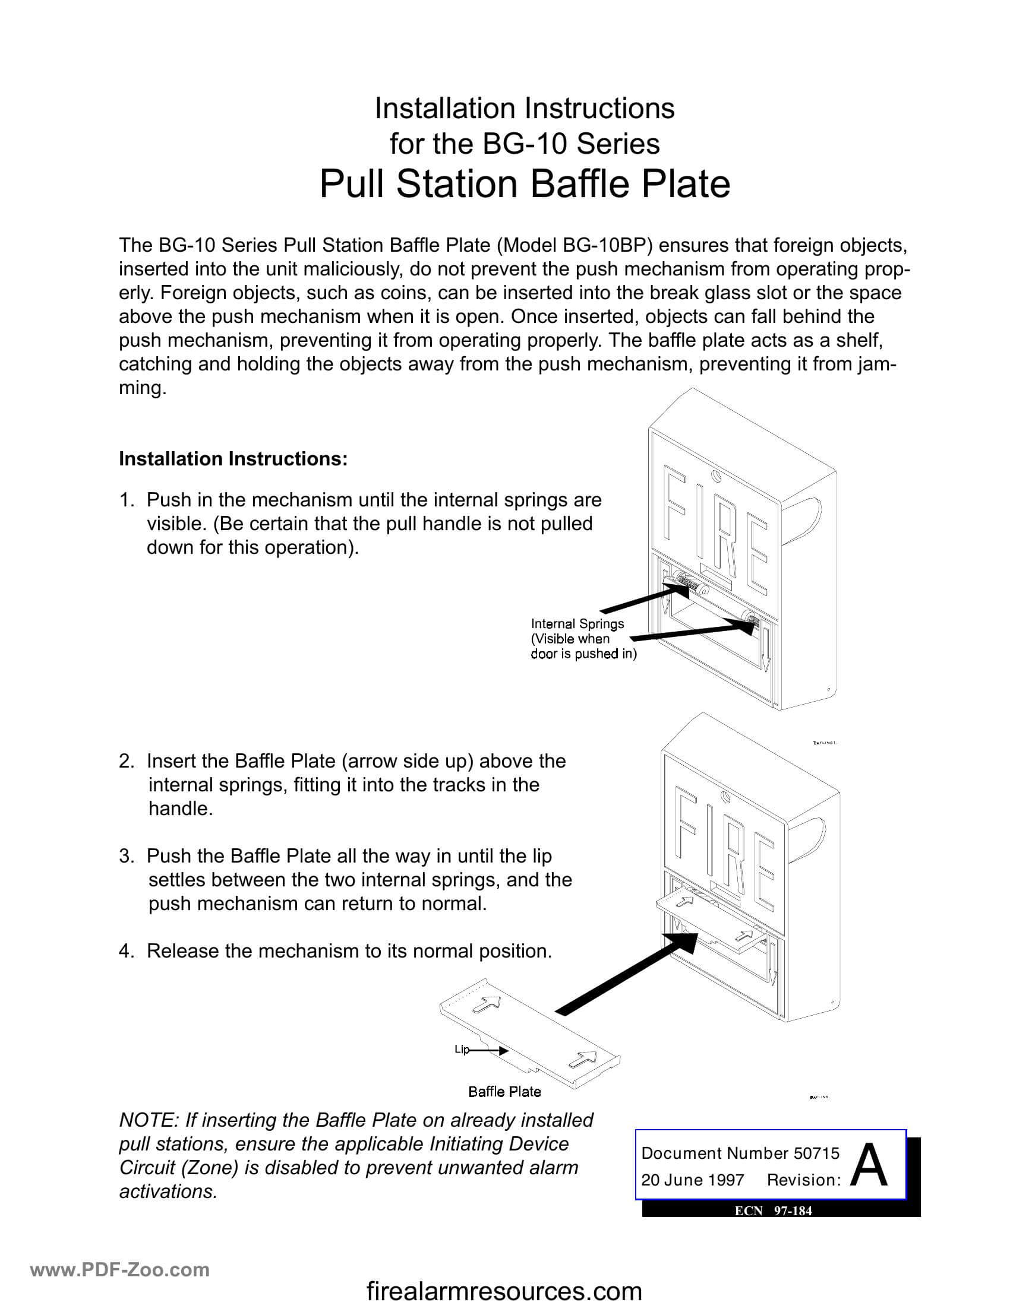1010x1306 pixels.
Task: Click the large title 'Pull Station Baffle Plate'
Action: pos(524,183)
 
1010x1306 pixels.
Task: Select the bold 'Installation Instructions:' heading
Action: pos(233,459)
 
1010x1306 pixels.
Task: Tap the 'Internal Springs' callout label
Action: pos(577,624)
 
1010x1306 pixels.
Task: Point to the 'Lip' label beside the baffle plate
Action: pos(461,1049)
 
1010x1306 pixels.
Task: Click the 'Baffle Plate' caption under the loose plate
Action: pos(504,1091)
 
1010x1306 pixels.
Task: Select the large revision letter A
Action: pos(869,1166)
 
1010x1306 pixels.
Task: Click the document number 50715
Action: pos(816,1153)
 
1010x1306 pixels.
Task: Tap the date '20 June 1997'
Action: pos(692,1180)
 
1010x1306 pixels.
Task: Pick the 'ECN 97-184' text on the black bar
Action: pos(773,1211)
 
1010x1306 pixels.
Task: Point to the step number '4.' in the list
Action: pos(125,951)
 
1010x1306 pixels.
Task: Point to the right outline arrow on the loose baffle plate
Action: pos(582,1058)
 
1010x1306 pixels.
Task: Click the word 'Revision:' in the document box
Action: pos(804,1180)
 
